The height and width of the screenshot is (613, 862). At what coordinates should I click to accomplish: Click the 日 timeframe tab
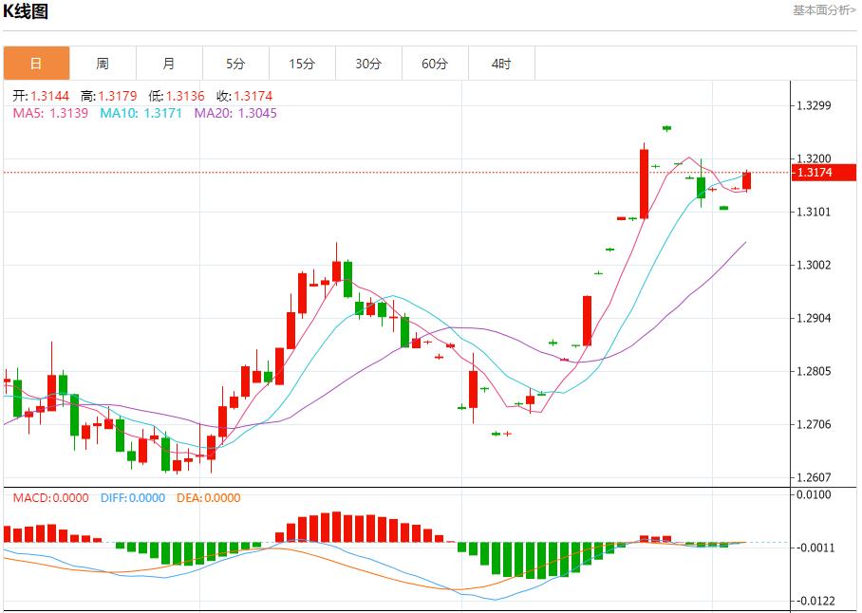pos(36,64)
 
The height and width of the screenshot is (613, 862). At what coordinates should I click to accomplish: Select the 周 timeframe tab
pos(103,64)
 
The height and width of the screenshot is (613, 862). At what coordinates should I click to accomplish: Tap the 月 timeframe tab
pos(169,64)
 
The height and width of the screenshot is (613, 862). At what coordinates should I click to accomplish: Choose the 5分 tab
pos(235,64)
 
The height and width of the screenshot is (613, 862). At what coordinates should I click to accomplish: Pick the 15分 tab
pos(302,64)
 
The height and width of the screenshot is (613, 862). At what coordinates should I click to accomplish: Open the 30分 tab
pos(368,64)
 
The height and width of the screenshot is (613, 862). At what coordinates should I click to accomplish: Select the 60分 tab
pos(435,64)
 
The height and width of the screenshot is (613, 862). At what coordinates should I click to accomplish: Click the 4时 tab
pos(501,64)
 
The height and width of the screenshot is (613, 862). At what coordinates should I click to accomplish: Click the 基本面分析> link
pos(824,9)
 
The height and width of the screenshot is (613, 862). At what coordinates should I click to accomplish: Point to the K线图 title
pos(26,11)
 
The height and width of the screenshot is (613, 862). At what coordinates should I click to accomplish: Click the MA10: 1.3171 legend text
pos(140,113)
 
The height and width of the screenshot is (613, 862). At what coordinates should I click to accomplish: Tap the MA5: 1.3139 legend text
pos(50,113)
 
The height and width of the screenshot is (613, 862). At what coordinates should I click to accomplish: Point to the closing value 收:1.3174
pos(244,96)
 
